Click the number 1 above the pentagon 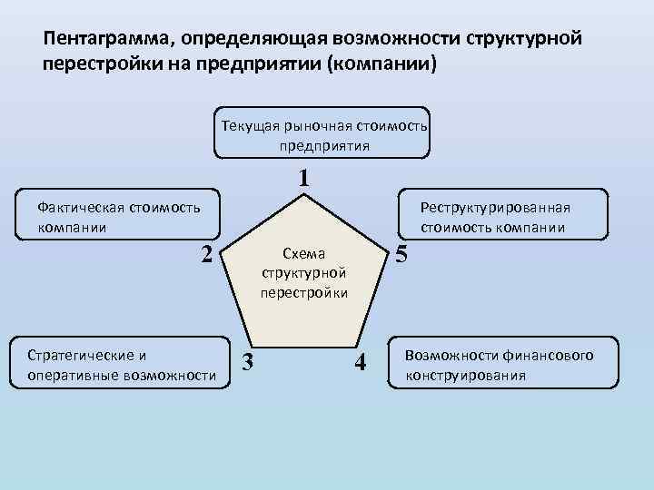[304, 179]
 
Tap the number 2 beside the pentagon [206, 255]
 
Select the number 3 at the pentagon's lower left [247, 362]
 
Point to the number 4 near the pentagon [361, 362]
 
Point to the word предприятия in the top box [319, 145]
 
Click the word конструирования [465, 375]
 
